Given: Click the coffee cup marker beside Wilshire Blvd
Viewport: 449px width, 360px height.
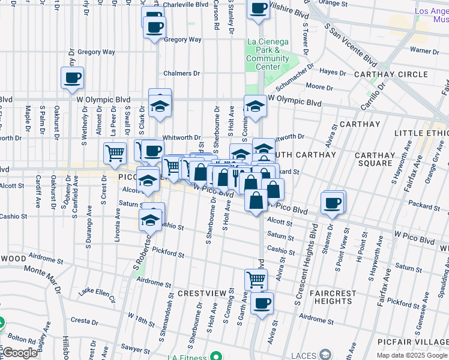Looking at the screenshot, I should tap(259, 9).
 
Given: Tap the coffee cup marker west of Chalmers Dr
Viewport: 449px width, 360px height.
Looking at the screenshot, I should tap(72, 77).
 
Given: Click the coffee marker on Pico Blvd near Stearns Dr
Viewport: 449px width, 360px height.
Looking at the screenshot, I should tap(332, 203).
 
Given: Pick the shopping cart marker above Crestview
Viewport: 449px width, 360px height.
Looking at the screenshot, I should tap(256, 279).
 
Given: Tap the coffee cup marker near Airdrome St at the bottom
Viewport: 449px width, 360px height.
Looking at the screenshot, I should tap(262, 304).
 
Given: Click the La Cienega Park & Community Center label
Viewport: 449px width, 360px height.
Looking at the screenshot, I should tap(268, 54).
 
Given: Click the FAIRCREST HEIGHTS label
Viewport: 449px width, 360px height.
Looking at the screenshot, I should tap(334, 298).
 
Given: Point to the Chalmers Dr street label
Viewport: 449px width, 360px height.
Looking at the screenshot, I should tap(182, 73).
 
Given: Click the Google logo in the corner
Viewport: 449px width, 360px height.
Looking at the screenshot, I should tap(19, 353).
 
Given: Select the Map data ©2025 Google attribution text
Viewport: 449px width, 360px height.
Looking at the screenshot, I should tap(412, 355).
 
